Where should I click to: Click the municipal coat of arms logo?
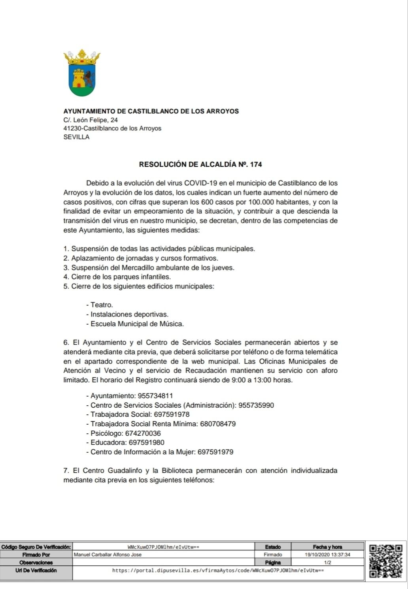(x=82, y=73)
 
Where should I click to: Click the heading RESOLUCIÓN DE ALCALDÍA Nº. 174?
(x=200, y=164)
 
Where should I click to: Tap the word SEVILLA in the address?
(x=76, y=137)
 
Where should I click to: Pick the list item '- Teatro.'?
(x=100, y=305)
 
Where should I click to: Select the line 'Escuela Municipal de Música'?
(x=137, y=324)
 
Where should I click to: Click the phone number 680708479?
(x=218, y=424)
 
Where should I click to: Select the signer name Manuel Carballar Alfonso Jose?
(x=108, y=555)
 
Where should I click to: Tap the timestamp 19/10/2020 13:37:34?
(x=327, y=555)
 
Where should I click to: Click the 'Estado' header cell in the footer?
(x=273, y=547)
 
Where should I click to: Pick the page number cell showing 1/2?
(x=327, y=563)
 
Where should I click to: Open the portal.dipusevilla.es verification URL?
(x=218, y=570)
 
